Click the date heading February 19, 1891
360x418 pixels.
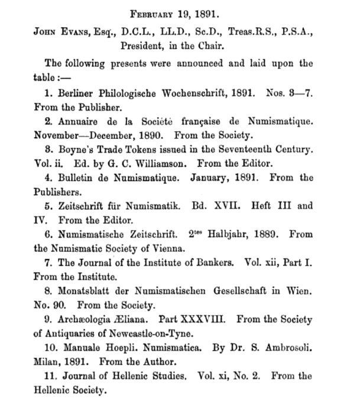coord(180,12)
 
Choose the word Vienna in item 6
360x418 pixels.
coord(174,248)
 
